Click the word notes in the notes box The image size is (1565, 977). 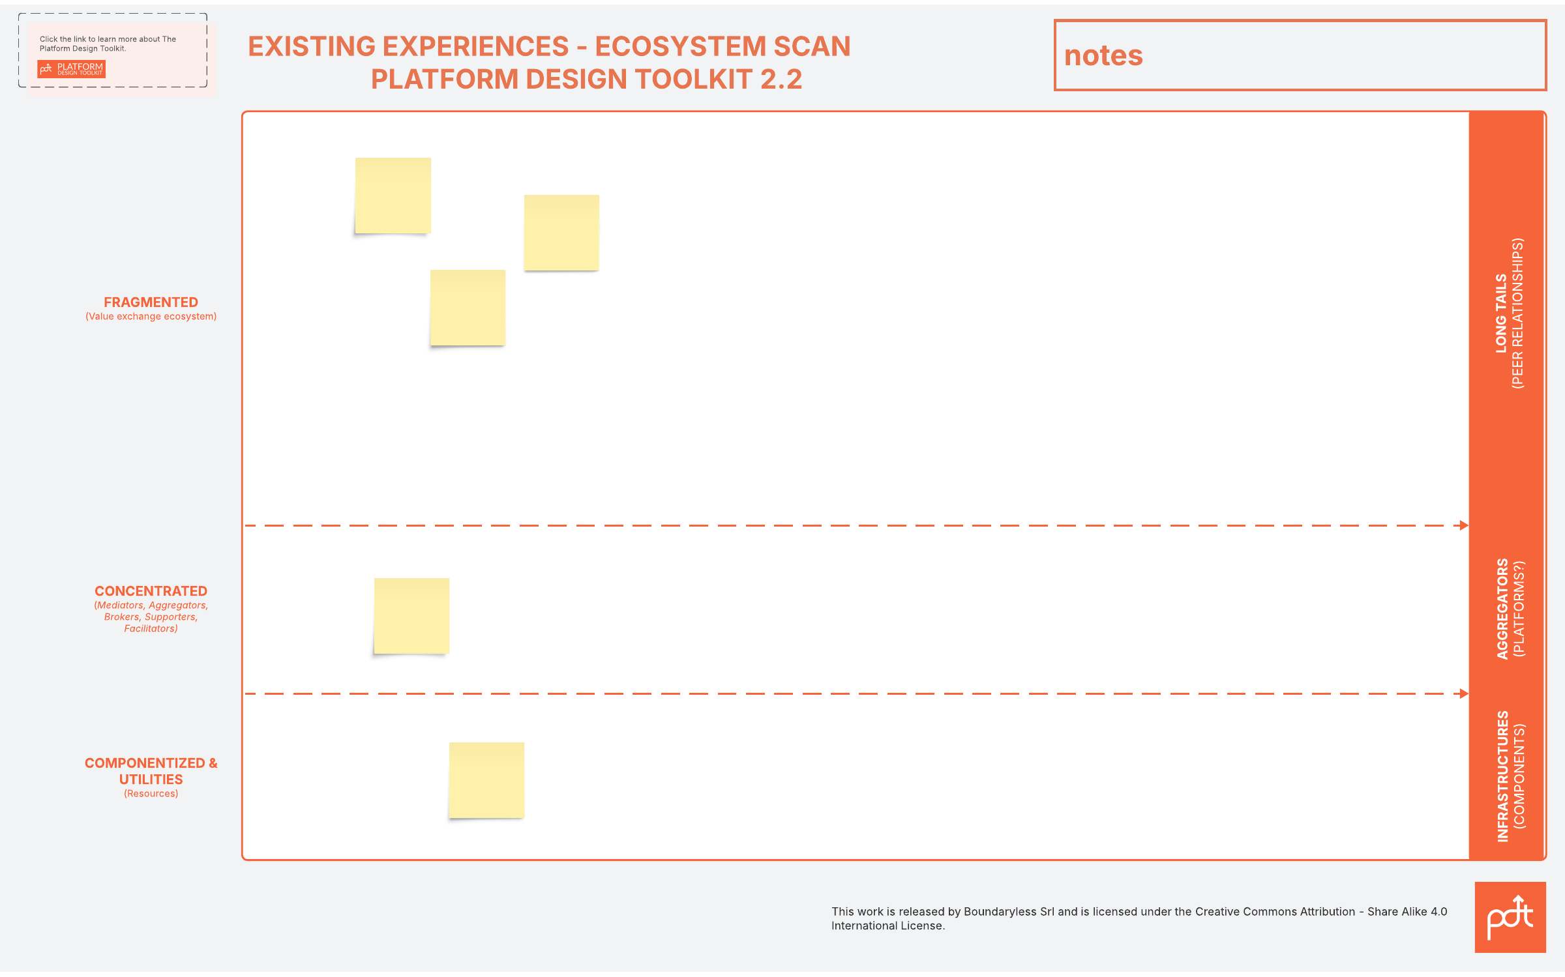pyautogui.click(x=1103, y=56)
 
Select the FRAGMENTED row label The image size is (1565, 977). pyautogui.click(x=151, y=302)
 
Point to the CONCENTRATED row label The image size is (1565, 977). pyautogui.click(x=151, y=591)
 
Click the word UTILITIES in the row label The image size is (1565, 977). pyautogui.click(x=151, y=780)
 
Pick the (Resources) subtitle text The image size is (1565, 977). pyautogui.click(x=151, y=794)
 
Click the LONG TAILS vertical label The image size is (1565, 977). pyautogui.click(x=1501, y=314)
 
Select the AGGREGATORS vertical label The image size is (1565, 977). pyautogui.click(x=1502, y=609)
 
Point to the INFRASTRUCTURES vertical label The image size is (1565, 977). pyautogui.click(x=1502, y=776)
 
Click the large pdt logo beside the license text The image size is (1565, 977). pyautogui.click(x=1510, y=918)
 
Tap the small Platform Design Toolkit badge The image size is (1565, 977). pyautogui.click(x=72, y=69)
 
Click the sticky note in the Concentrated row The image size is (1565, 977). pyautogui.click(x=411, y=616)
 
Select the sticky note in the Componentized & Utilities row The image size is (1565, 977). pyautogui.click(x=486, y=780)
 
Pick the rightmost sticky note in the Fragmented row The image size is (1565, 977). pyautogui.click(x=561, y=233)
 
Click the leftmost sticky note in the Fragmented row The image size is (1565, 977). pyautogui.click(x=393, y=196)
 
